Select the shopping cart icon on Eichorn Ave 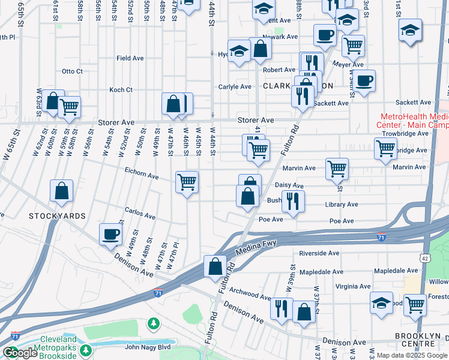click(x=187, y=181)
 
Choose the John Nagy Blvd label click(x=148, y=347)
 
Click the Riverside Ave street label click(x=319, y=253)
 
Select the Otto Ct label click(x=72, y=71)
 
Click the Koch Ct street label click(x=120, y=90)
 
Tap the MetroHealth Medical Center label click(x=414, y=121)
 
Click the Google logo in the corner click(x=20, y=353)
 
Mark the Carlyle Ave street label click(x=235, y=86)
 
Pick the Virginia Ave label click(x=354, y=287)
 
